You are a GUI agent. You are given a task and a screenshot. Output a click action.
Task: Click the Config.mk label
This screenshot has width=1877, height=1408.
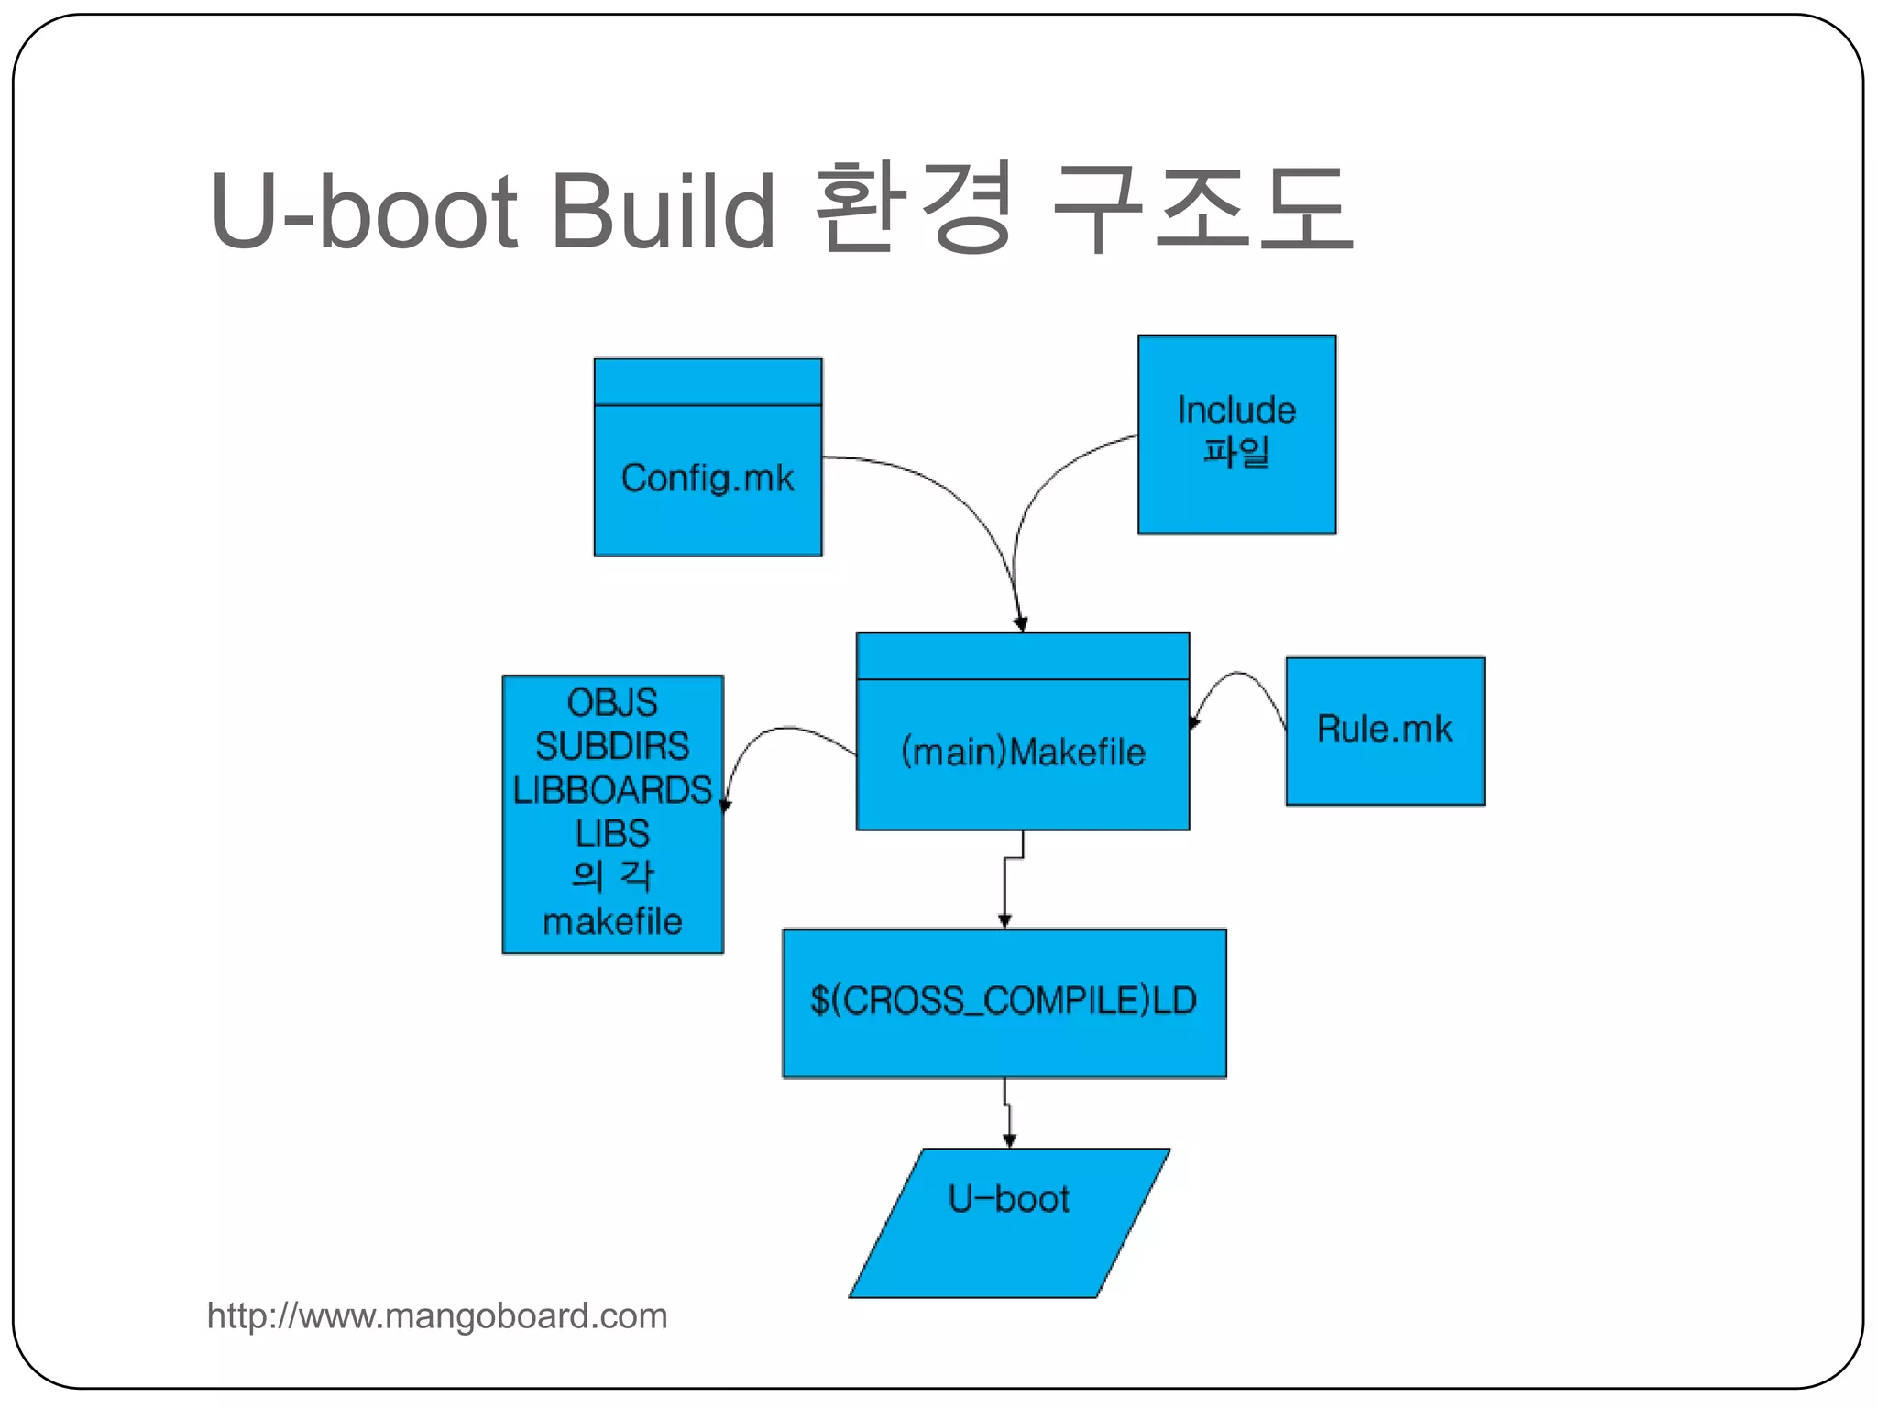point(708,478)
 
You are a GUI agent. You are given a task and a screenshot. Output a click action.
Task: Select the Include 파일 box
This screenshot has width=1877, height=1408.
point(1236,434)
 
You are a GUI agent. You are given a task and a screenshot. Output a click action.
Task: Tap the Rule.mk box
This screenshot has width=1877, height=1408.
point(1384,731)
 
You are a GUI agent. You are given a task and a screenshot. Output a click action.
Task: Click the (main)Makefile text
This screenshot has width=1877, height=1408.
point(1023,753)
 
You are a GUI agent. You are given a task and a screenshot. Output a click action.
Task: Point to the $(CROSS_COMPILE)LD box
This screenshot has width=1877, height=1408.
point(1004,1003)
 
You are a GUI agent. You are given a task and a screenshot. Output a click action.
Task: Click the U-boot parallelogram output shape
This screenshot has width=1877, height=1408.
point(1008,1223)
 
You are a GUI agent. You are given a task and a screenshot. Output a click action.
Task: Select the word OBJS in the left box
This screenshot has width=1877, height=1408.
point(612,703)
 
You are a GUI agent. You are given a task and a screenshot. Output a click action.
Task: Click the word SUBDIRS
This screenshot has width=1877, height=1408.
point(612,746)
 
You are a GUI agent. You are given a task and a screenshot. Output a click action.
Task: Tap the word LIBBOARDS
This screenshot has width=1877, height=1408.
point(612,790)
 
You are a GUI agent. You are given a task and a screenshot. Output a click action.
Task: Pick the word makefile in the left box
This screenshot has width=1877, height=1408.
point(612,921)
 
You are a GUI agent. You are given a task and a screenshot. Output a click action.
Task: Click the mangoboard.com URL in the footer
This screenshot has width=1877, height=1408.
point(437,1316)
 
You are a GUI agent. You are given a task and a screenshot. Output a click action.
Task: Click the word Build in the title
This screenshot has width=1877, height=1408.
point(662,211)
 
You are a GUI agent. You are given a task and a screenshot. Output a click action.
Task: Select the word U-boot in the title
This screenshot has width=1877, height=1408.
point(364,211)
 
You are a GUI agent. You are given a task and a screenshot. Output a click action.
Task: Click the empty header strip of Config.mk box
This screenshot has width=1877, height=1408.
point(708,381)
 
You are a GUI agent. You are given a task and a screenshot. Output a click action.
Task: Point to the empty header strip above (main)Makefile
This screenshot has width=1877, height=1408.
point(1023,655)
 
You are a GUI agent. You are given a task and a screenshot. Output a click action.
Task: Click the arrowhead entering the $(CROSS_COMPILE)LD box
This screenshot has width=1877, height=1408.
point(1004,920)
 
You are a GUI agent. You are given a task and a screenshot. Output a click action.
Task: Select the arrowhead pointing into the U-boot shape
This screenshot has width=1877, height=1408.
point(1009,1139)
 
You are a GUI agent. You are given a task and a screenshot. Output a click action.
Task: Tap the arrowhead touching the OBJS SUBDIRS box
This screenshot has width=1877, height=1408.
point(726,805)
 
